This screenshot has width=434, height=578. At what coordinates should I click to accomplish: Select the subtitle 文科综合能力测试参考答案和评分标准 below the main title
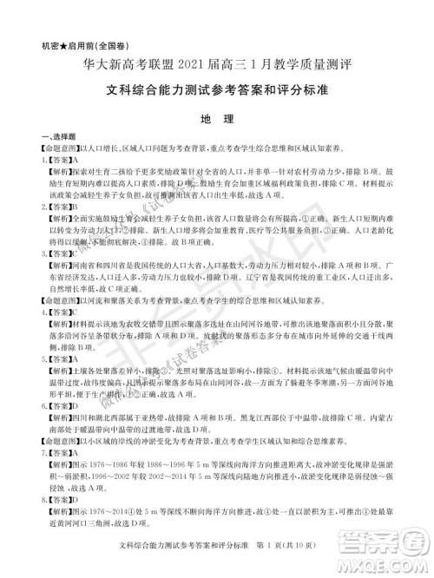click(216, 87)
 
